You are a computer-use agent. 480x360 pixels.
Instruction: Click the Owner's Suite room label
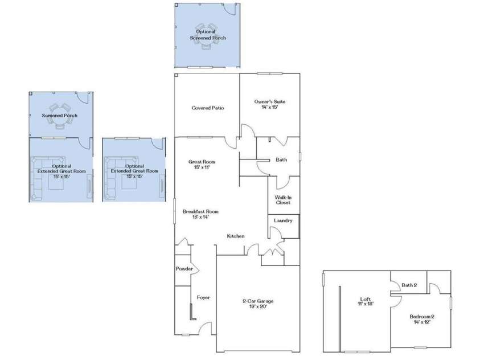(x=269, y=104)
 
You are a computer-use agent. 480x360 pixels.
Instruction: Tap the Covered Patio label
(x=207, y=108)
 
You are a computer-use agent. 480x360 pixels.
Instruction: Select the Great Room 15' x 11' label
(x=202, y=165)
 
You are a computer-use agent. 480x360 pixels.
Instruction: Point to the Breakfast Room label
(x=200, y=214)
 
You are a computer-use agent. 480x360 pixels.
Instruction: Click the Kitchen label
(x=236, y=236)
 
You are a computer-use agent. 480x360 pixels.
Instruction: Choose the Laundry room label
(x=283, y=220)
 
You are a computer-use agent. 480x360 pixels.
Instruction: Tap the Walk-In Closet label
(x=283, y=199)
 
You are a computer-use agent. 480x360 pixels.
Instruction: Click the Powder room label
(x=184, y=269)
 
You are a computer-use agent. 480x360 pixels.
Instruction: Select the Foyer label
(x=204, y=297)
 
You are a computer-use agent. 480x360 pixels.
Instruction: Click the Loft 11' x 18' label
(x=365, y=302)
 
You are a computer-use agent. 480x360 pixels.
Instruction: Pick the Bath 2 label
(x=409, y=285)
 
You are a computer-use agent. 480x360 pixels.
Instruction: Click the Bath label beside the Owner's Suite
(x=281, y=160)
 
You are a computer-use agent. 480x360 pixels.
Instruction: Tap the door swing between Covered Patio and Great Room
(x=230, y=142)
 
